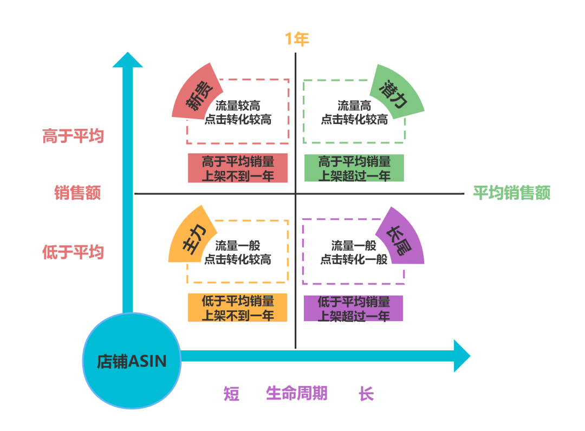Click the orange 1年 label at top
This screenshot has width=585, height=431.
click(x=297, y=39)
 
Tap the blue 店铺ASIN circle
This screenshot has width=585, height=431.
click(x=131, y=361)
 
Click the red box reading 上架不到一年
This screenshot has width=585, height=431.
click(x=238, y=168)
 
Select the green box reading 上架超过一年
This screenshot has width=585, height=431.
click(x=354, y=168)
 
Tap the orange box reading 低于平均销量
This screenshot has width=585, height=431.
click(x=238, y=308)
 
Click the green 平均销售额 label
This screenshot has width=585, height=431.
click(x=511, y=193)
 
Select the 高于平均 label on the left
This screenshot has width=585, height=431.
click(x=73, y=136)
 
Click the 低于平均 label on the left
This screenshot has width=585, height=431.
click(x=73, y=252)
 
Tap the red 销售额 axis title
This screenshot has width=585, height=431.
click(x=78, y=193)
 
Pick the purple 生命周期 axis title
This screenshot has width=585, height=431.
click(x=296, y=393)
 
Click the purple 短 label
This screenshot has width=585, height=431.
click(x=232, y=393)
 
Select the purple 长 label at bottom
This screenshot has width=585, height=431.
click(x=366, y=393)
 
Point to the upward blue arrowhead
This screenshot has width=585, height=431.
click(x=127, y=60)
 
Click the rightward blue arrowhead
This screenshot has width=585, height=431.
click(x=461, y=356)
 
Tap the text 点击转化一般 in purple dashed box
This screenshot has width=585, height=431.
click(x=354, y=259)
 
